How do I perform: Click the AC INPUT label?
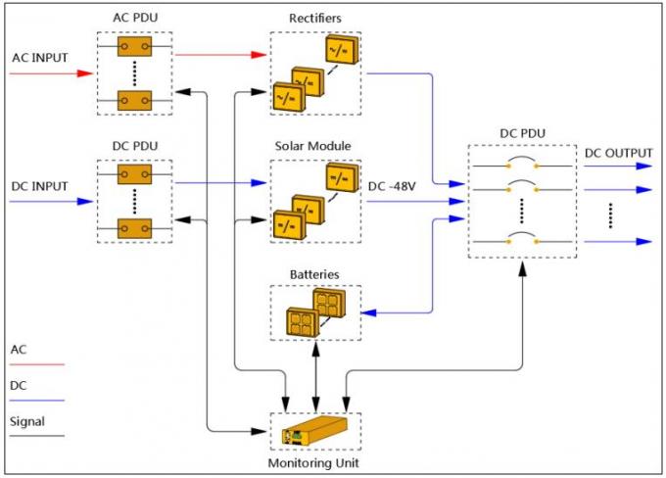[x=40, y=57]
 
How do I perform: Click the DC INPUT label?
[x=40, y=184]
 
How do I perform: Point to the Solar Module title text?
[x=314, y=146]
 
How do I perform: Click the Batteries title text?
[x=314, y=275]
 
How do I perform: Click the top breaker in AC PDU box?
[x=133, y=46]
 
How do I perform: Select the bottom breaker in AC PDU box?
[x=133, y=100]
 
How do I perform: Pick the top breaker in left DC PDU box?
[x=133, y=174]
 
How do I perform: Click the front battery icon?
[x=300, y=321]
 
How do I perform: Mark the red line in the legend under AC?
[x=36, y=364]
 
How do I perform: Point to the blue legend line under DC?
[x=36, y=401]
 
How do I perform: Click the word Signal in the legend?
[x=27, y=422]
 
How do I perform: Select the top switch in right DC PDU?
[x=519, y=165]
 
